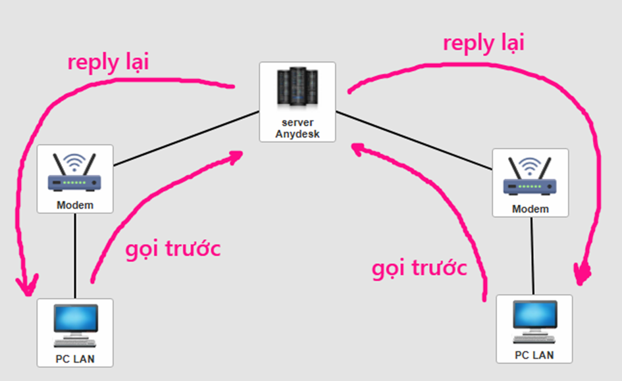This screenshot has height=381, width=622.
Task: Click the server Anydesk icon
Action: (x=297, y=89)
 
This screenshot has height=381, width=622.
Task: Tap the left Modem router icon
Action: (x=74, y=173)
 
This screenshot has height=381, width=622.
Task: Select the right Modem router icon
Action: (x=530, y=177)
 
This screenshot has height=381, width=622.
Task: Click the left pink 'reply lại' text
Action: (x=108, y=63)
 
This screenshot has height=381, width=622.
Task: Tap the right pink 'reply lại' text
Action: (x=483, y=43)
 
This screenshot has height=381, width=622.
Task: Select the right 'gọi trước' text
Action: (x=419, y=268)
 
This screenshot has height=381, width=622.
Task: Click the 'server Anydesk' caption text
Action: (x=297, y=128)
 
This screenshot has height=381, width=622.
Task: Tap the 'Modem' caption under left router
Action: (x=74, y=205)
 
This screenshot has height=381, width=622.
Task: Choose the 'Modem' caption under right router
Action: (x=530, y=209)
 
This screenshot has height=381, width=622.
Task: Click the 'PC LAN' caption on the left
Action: (x=74, y=359)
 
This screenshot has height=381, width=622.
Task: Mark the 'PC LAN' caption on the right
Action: (x=534, y=355)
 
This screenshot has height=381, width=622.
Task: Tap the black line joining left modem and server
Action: (x=186, y=138)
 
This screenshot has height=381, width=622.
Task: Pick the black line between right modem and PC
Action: (x=532, y=256)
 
